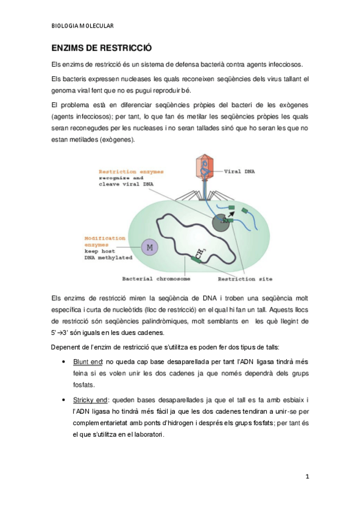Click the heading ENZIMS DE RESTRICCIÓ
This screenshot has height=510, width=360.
click(101, 48)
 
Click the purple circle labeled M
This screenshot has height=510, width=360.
click(148, 247)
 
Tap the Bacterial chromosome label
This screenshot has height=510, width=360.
click(156, 279)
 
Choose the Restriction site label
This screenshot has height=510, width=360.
click(245, 279)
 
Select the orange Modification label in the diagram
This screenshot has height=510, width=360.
click(105, 238)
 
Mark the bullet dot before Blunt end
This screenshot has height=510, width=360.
click(64, 362)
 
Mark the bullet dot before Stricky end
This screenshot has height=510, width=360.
click(64, 400)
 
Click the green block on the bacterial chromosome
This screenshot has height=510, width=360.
click(197, 259)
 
